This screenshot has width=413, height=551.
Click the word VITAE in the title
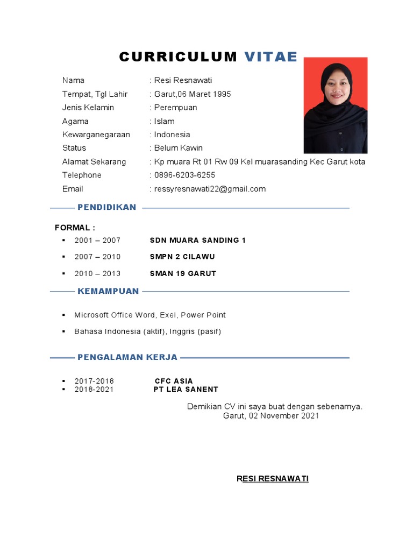pyautogui.click(x=271, y=58)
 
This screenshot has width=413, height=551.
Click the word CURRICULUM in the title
pyautogui.click(x=178, y=58)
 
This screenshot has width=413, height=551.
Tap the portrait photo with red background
pyautogui.click(x=336, y=105)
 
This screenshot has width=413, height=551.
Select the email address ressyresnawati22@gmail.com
pyautogui.click(x=210, y=189)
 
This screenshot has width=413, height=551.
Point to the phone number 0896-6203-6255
pyautogui.click(x=184, y=175)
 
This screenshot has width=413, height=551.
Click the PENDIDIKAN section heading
pyautogui.click(x=107, y=207)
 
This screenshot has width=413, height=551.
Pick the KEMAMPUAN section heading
pyautogui.click(x=108, y=291)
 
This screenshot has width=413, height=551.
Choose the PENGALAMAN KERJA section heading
pyautogui.click(x=127, y=357)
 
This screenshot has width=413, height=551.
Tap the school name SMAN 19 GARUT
pyautogui.click(x=183, y=273)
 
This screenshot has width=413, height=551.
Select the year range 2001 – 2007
pyautogui.click(x=97, y=240)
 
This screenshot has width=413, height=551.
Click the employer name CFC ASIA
pyautogui.click(x=174, y=381)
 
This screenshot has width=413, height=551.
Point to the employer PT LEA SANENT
pyautogui.click(x=186, y=389)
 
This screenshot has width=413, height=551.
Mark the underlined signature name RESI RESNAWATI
pyautogui.click(x=273, y=478)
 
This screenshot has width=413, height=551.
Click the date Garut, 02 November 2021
pyautogui.click(x=271, y=416)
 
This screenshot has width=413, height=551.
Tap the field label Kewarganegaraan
pyautogui.click(x=96, y=135)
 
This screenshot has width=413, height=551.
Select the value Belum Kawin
pyautogui.click(x=179, y=148)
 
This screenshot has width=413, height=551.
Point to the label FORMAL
pyautogui.click(x=75, y=228)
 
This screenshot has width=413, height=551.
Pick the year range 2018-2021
pyautogui.click(x=94, y=389)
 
